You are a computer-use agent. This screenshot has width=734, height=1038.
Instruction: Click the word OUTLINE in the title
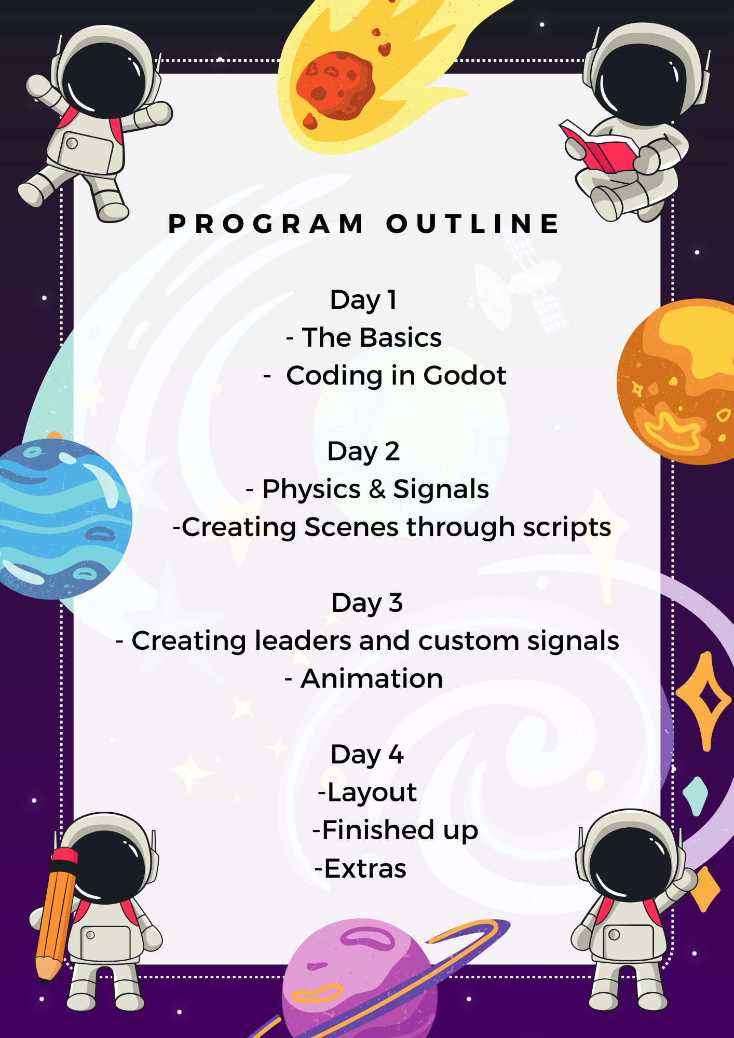coord(473,224)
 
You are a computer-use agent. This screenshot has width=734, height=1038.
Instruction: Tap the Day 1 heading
coord(363,301)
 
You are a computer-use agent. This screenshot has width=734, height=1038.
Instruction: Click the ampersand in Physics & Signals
coord(377,489)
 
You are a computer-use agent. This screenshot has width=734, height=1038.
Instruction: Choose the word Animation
coord(372,679)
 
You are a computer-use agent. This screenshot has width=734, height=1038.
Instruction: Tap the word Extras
coord(365,869)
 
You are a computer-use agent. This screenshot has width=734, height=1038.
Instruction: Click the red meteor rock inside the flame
coord(335,86)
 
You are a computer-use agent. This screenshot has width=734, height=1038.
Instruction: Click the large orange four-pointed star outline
coord(704,701)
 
